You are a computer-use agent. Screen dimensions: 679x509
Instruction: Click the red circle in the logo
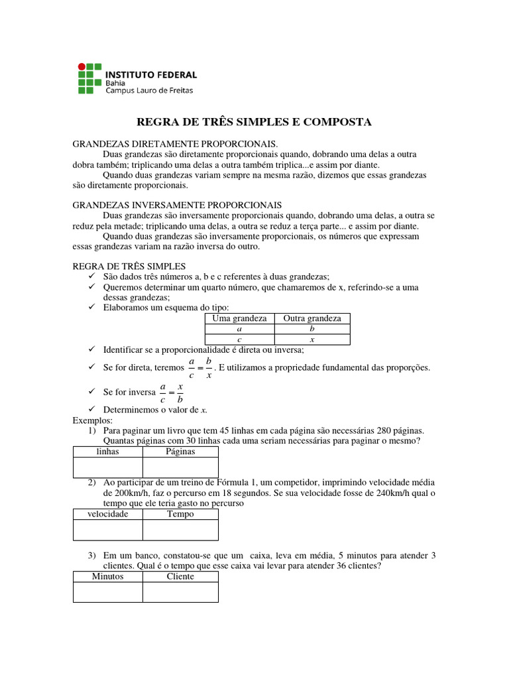(82, 66)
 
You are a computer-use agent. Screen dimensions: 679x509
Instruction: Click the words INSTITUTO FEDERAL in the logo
(151, 75)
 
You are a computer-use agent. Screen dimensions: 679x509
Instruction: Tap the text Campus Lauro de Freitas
(149, 92)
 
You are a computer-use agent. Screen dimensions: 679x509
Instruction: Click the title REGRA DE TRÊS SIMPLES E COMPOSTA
(254, 122)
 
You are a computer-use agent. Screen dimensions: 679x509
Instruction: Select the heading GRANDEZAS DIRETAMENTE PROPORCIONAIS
(175, 144)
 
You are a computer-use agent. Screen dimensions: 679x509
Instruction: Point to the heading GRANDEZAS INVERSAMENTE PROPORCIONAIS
(177, 206)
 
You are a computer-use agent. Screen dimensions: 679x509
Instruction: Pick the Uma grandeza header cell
(239, 319)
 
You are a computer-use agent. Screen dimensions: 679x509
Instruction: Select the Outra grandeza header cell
(312, 319)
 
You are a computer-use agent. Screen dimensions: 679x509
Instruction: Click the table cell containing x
(312, 339)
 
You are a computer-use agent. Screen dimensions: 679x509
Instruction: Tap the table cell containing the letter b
(312, 329)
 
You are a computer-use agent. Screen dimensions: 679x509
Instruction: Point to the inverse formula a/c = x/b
(170, 393)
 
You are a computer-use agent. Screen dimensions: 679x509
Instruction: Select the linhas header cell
(107, 452)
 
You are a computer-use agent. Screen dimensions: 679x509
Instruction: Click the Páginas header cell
(180, 452)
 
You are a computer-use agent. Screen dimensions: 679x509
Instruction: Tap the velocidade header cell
(107, 514)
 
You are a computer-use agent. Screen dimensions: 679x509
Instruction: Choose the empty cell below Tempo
(180, 530)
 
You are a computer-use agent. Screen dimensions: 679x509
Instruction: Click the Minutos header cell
(107, 576)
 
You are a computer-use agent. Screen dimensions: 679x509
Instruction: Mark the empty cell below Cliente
(180, 592)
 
